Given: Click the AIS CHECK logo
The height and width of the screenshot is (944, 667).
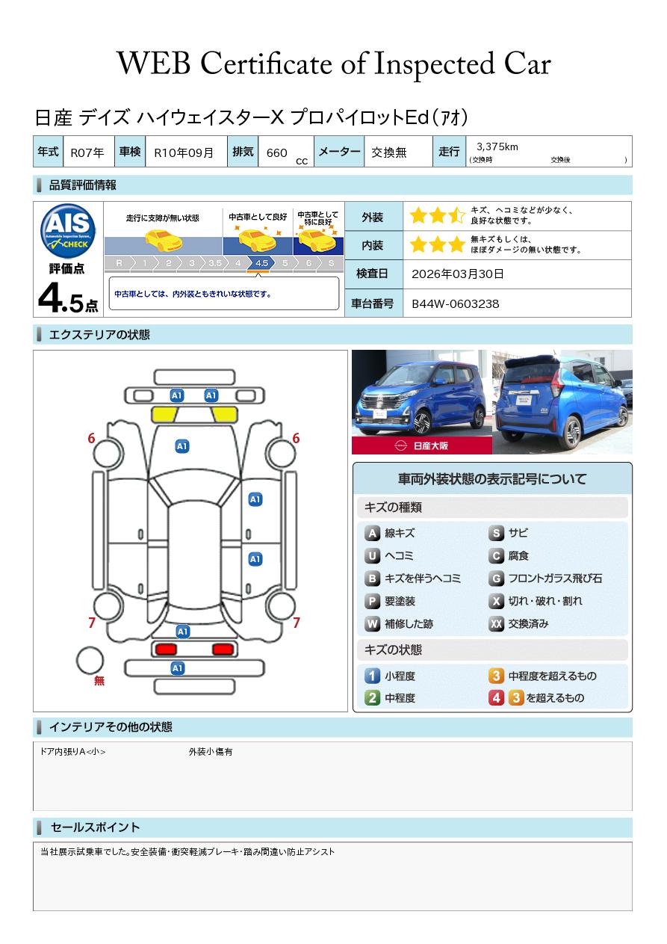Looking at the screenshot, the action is pos(68,231).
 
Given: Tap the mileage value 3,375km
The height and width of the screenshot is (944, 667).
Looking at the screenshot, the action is pos(497,146).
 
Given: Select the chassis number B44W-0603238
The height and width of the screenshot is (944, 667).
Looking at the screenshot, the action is pos(455,304).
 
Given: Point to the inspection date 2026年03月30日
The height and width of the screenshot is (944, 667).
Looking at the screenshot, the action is pos(457,274).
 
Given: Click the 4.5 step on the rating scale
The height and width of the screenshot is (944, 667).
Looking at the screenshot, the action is pos(261,263).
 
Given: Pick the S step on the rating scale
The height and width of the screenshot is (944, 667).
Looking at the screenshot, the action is pos(331,263).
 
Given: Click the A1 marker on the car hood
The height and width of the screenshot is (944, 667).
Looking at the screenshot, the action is pos(182,446).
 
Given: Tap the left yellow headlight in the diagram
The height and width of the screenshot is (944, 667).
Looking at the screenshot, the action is pos(164,415).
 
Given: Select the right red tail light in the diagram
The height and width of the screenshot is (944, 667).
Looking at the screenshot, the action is pos(223,649).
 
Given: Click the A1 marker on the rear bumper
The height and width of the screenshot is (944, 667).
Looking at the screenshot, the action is pos(177,668).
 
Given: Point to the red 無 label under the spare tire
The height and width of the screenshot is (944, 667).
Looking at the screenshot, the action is pos(99,681).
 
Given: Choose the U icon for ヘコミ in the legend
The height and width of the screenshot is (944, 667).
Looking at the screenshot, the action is pos(372,556).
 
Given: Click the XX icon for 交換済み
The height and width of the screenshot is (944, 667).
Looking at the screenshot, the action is pos(496,623).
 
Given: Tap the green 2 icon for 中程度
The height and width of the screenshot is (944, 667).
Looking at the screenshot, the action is pos(372,698).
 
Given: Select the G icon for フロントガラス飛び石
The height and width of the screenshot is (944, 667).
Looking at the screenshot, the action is pos(496,579).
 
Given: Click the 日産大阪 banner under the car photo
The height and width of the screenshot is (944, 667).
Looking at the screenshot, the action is pos(421,445).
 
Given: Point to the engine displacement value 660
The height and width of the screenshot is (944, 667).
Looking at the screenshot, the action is pos(276,152).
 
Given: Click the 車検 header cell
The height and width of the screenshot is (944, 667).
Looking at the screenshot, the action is pos(130,151).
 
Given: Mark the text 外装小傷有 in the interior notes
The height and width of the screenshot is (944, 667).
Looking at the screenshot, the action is pos(211,752).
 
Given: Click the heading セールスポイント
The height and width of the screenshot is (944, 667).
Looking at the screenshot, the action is pos(95,827).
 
